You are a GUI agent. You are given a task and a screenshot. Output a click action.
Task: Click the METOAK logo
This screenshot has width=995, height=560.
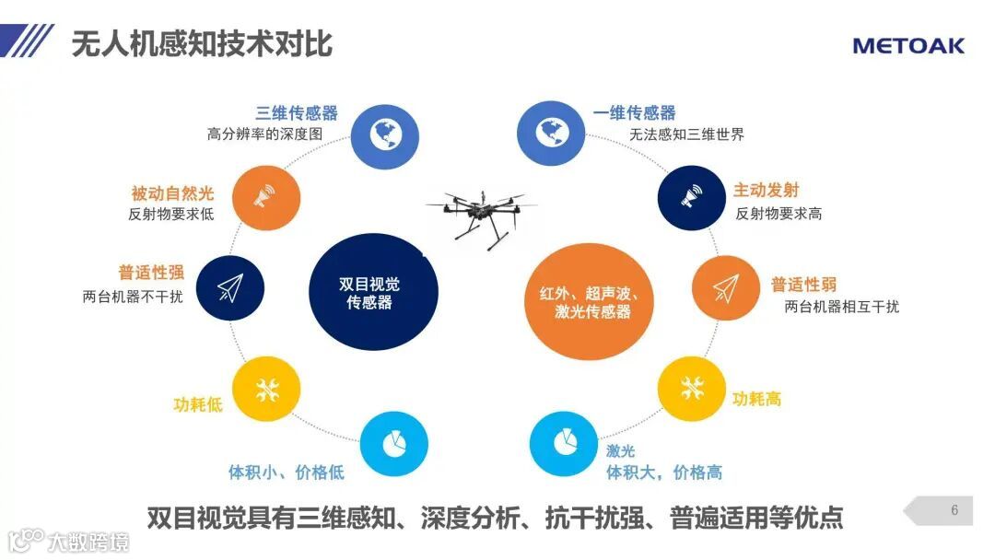tap(907, 45)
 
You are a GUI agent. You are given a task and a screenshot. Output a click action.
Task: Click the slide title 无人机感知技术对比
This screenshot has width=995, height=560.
tap(202, 43)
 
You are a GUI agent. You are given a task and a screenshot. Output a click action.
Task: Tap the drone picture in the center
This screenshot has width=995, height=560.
tap(479, 216)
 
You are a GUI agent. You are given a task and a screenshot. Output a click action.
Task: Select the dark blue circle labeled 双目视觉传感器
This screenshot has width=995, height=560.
tap(373, 292)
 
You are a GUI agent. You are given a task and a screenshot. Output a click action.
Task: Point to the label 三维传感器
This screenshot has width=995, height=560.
tap(297, 113)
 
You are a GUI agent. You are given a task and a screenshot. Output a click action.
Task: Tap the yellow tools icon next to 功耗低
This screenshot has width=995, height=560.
tap(266, 389)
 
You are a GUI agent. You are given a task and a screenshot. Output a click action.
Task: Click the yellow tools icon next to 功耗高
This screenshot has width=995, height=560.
tap(692, 389)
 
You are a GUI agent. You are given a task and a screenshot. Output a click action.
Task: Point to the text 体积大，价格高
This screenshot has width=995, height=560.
tap(663, 472)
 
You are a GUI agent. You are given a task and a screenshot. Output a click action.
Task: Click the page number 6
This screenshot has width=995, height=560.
tap(954, 510)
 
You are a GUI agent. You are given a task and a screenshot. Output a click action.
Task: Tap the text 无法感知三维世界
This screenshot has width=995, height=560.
tap(686, 134)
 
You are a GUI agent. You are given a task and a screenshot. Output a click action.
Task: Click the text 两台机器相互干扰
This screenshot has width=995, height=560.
tap(841, 307)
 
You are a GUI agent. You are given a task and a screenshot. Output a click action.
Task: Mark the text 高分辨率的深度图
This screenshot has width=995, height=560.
tap(264, 134)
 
